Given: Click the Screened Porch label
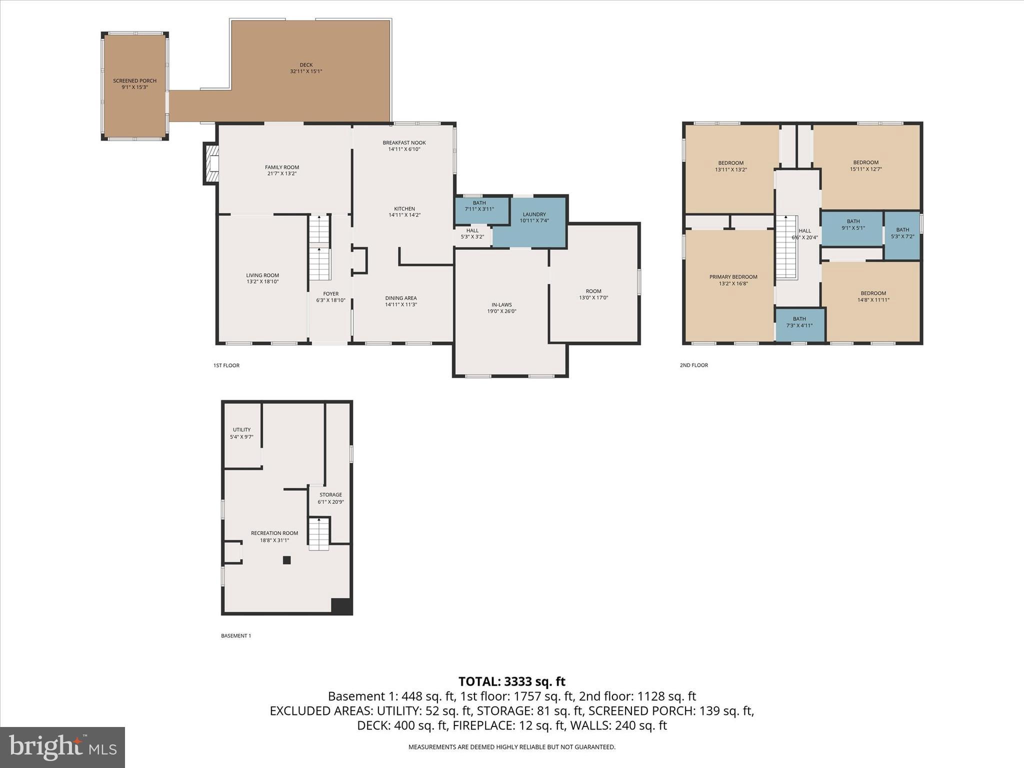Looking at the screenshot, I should click(x=134, y=80).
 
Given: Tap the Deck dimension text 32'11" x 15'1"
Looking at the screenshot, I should click(x=306, y=71).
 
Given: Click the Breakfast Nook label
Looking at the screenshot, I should click(x=404, y=142).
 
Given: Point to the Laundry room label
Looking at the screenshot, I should click(x=534, y=214).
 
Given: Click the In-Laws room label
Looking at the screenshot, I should click(x=501, y=304).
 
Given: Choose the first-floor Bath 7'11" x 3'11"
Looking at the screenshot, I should click(x=479, y=206).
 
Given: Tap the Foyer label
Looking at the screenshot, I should click(x=330, y=294).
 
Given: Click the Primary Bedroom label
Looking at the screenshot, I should click(x=733, y=277).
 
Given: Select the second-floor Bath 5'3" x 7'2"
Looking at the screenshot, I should click(x=902, y=233).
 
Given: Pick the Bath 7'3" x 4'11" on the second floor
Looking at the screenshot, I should click(x=799, y=322).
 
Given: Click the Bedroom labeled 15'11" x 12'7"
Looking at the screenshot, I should click(x=865, y=165).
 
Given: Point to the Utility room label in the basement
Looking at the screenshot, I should click(x=241, y=429).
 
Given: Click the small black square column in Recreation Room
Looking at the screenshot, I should click(x=286, y=560).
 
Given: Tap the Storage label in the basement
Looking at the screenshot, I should click(x=330, y=494).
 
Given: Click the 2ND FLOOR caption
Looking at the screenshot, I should click(x=693, y=365).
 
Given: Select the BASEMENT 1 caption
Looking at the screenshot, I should click(x=235, y=636).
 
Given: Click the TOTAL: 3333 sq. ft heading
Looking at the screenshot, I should click(x=511, y=681).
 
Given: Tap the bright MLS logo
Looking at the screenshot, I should click(x=62, y=747).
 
